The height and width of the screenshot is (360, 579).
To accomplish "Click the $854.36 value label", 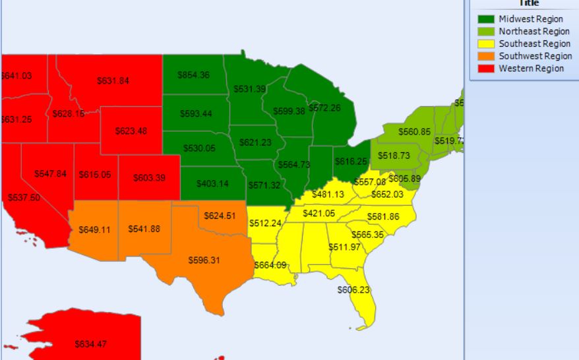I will tap(193, 75).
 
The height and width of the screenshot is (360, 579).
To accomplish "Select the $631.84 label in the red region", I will tap(113, 81).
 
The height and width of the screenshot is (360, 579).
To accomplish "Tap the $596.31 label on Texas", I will tap(204, 260).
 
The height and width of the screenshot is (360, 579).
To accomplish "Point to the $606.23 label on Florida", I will tap(353, 290).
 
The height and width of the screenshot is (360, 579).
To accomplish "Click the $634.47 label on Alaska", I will tap(91, 344).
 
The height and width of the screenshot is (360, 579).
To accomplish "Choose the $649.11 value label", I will tap(93, 229).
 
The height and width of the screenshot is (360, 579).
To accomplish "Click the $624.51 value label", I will tap(220, 216).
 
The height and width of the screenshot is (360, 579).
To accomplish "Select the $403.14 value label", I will tap(213, 183).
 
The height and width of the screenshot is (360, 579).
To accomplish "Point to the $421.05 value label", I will tap(319, 214).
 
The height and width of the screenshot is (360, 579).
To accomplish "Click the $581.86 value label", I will tap(383, 217).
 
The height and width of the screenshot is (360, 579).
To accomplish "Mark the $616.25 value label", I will tap(351, 162).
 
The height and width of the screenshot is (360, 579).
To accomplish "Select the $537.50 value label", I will tap(24, 198).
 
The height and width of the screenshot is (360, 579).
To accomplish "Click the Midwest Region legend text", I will tap(531, 19).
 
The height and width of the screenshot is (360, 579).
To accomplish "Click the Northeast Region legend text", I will tap(534, 32).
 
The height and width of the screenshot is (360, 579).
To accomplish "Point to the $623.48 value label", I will tap(131, 131).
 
